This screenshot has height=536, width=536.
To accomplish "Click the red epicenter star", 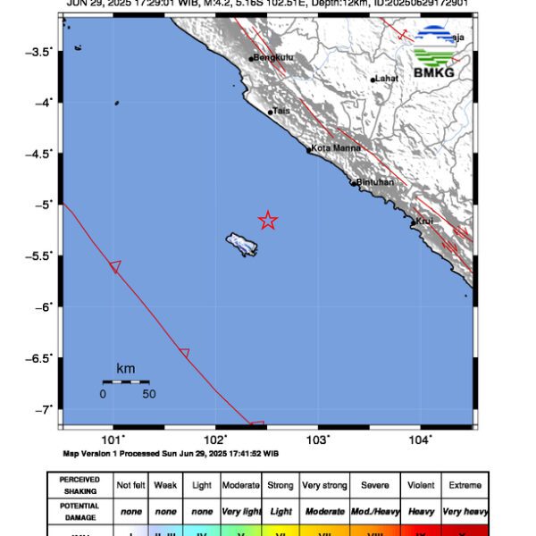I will coord(268,221).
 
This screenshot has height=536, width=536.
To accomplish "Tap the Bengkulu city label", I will coord(272,58).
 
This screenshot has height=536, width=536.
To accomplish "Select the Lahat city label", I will coord(386,79).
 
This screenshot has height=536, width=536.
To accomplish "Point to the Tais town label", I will coord(281,111).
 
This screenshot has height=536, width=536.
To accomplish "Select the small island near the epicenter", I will coord(242,244).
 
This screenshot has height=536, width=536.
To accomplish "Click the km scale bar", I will coord(125,382).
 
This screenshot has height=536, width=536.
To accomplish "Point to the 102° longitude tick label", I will coord(215,440).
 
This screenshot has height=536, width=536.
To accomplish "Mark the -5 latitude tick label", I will coord(44,205).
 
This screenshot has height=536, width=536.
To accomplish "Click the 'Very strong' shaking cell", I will coord(324,485).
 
